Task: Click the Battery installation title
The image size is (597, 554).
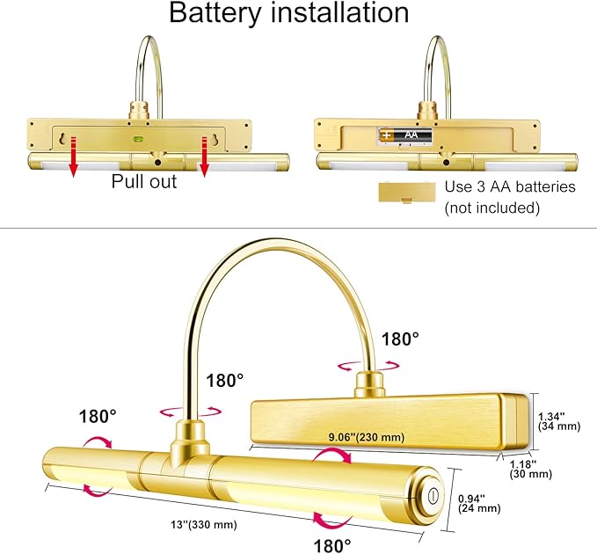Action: tap(288, 13)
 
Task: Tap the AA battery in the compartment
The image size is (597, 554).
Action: tap(405, 135)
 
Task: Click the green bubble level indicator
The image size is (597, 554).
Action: tap(138, 139)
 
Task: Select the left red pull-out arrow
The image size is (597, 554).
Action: tap(74, 157)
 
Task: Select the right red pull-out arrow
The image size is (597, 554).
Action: tap(205, 157)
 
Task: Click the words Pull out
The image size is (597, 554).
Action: tap(144, 182)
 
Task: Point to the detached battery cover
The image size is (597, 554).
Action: tap(406, 193)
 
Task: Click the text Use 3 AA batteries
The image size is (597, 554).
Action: tap(510, 186)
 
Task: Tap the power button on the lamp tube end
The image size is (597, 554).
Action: tap(433, 496)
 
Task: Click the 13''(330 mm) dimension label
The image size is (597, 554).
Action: tap(204, 524)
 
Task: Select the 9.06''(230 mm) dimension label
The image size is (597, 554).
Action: tap(367, 437)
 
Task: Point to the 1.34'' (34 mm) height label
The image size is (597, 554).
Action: tap(559, 421)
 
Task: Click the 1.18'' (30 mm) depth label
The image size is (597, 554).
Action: tap(531, 469)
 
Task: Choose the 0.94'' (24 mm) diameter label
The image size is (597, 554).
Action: tap(479, 503)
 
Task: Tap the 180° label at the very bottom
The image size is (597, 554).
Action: tap(332, 545)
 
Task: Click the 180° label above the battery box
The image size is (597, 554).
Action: tap(400, 339)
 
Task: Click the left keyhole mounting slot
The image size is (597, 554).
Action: tap(63, 139)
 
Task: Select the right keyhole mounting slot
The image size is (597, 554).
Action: tap(215, 139)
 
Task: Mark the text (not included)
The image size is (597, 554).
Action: tap(491, 208)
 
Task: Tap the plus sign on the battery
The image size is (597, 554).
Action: tap(387, 135)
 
